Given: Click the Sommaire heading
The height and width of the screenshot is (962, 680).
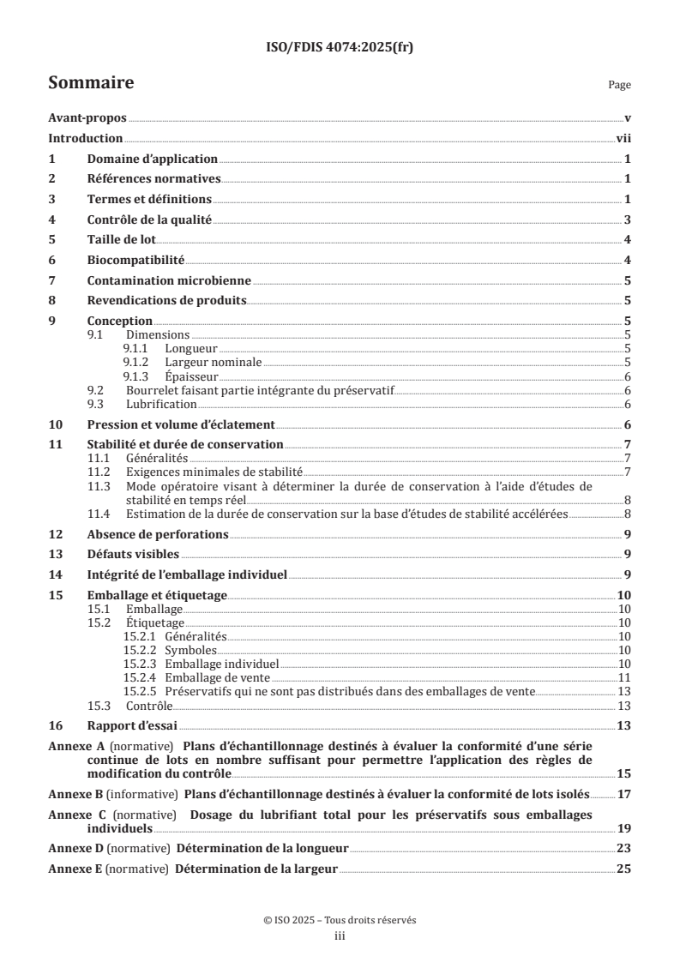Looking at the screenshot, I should tap(91, 83).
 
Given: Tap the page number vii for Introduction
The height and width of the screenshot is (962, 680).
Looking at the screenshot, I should tap(623, 139).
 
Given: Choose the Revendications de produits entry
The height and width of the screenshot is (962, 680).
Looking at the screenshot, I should tap(167, 301).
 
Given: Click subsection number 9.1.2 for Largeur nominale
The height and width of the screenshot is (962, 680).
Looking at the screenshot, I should tap(141, 363).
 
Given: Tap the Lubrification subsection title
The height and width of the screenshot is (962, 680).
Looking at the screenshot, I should tap(162, 405).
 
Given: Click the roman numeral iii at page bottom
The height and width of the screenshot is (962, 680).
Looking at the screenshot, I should tap(340, 936).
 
